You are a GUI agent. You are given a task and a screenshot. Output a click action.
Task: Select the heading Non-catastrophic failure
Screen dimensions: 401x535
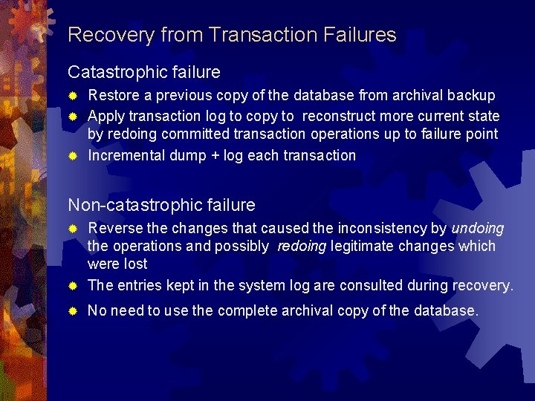point(161,205)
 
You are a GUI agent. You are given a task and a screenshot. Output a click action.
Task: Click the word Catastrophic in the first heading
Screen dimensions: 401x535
point(120,72)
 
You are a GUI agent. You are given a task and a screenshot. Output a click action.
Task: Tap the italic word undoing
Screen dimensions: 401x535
point(477,228)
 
